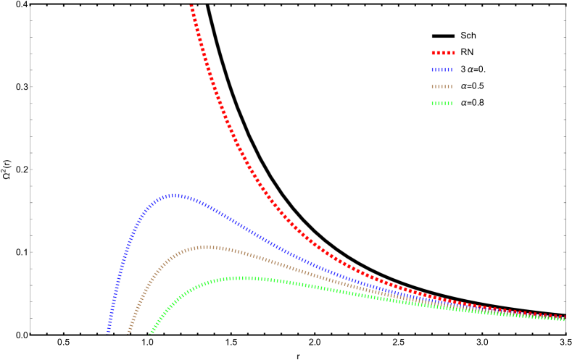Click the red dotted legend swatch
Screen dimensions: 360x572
[443, 53]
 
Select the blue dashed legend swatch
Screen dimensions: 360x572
[442, 70]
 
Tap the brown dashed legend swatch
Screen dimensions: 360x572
[442, 87]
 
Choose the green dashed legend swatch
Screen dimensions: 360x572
[442, 104]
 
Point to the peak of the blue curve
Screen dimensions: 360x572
[175, 195]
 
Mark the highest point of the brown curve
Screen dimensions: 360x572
[207, 247]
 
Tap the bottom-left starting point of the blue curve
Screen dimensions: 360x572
[108, 332]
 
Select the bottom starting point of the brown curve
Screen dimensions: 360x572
[129, 332]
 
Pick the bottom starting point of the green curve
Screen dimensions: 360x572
[151, 332]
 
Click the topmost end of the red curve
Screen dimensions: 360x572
[191, 6]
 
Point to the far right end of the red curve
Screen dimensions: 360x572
[563, 317]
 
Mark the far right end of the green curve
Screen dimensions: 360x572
[563, 319]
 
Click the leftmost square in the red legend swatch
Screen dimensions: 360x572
[434, 53]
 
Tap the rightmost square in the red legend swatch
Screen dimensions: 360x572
[453, 53]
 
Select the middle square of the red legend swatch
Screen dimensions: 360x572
[443, 53]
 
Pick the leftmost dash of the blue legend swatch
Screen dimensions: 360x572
[433, 70]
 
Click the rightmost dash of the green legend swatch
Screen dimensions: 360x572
[451, 104]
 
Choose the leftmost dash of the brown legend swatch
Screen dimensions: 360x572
[433, 87]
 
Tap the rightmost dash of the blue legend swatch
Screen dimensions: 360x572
[451, 70]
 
